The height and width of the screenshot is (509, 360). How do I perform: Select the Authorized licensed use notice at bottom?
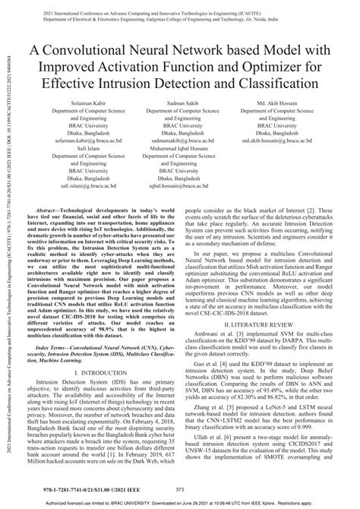(x=180, y=501)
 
